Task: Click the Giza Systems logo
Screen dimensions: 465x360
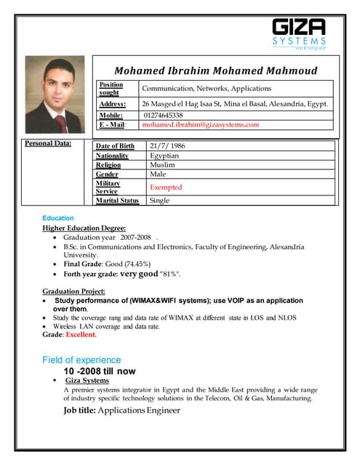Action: pos(299,33)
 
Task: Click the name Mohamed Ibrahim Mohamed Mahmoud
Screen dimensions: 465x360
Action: pos(215,70)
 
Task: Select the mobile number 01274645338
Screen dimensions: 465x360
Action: pos(164,115)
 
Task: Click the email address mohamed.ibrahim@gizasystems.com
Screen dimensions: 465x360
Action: pos(201,125)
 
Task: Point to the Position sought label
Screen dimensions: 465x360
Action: pos(111,89)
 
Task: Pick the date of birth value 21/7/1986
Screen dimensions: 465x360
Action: pos(167,146)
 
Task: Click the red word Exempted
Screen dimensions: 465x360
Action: pos(166,187)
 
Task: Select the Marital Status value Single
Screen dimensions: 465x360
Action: pos(159,201)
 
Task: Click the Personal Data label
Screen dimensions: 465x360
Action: pos(49,143)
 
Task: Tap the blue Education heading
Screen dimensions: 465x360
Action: pos(58,218)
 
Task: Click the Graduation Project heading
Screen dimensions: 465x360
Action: pos(74,291)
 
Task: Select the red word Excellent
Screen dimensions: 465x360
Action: pos(81,335)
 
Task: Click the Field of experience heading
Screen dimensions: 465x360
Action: pos(81,360)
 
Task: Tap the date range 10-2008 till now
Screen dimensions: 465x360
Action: pos(100,371)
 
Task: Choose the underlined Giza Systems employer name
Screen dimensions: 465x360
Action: pos(87,381)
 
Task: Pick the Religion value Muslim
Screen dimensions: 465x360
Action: pos(162,165)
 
